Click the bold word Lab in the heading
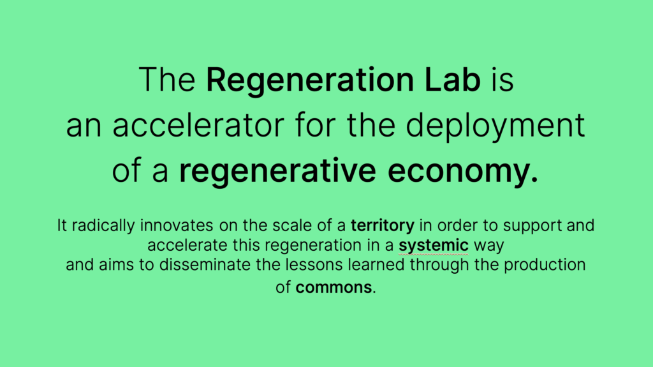pyautogui.click(x=453, y=79)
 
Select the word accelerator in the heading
pyautogui.click(x=198, y=125)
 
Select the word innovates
pyautogui.click(x=177, y=225)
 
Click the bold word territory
pyautogui.click(x=383, y=225)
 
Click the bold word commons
pyautogui.click(x=334, y=287)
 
